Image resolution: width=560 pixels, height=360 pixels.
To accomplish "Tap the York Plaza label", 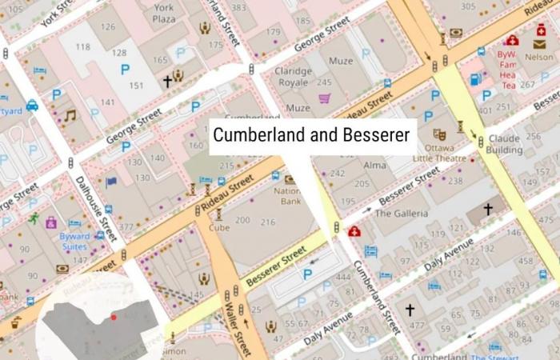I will (x=163, y=13).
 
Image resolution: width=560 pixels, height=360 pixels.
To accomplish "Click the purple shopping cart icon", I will (x=325, y=98).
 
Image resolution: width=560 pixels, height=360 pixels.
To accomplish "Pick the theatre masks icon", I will (x=438, y=134).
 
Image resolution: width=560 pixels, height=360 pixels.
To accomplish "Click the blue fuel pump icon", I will (x=475, y=79).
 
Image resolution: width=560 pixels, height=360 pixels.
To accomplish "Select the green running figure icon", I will (x=34, y=218).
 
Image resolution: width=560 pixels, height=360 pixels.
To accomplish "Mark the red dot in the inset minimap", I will (x=114, y=317).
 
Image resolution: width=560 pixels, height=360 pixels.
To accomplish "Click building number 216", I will (x=268, y=220).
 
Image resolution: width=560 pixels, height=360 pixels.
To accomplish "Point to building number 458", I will (x=525, y=261).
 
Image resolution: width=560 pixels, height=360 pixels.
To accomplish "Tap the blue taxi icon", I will (x=32, y=105).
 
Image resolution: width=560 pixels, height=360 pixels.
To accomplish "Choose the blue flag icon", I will (x=111, y=182).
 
